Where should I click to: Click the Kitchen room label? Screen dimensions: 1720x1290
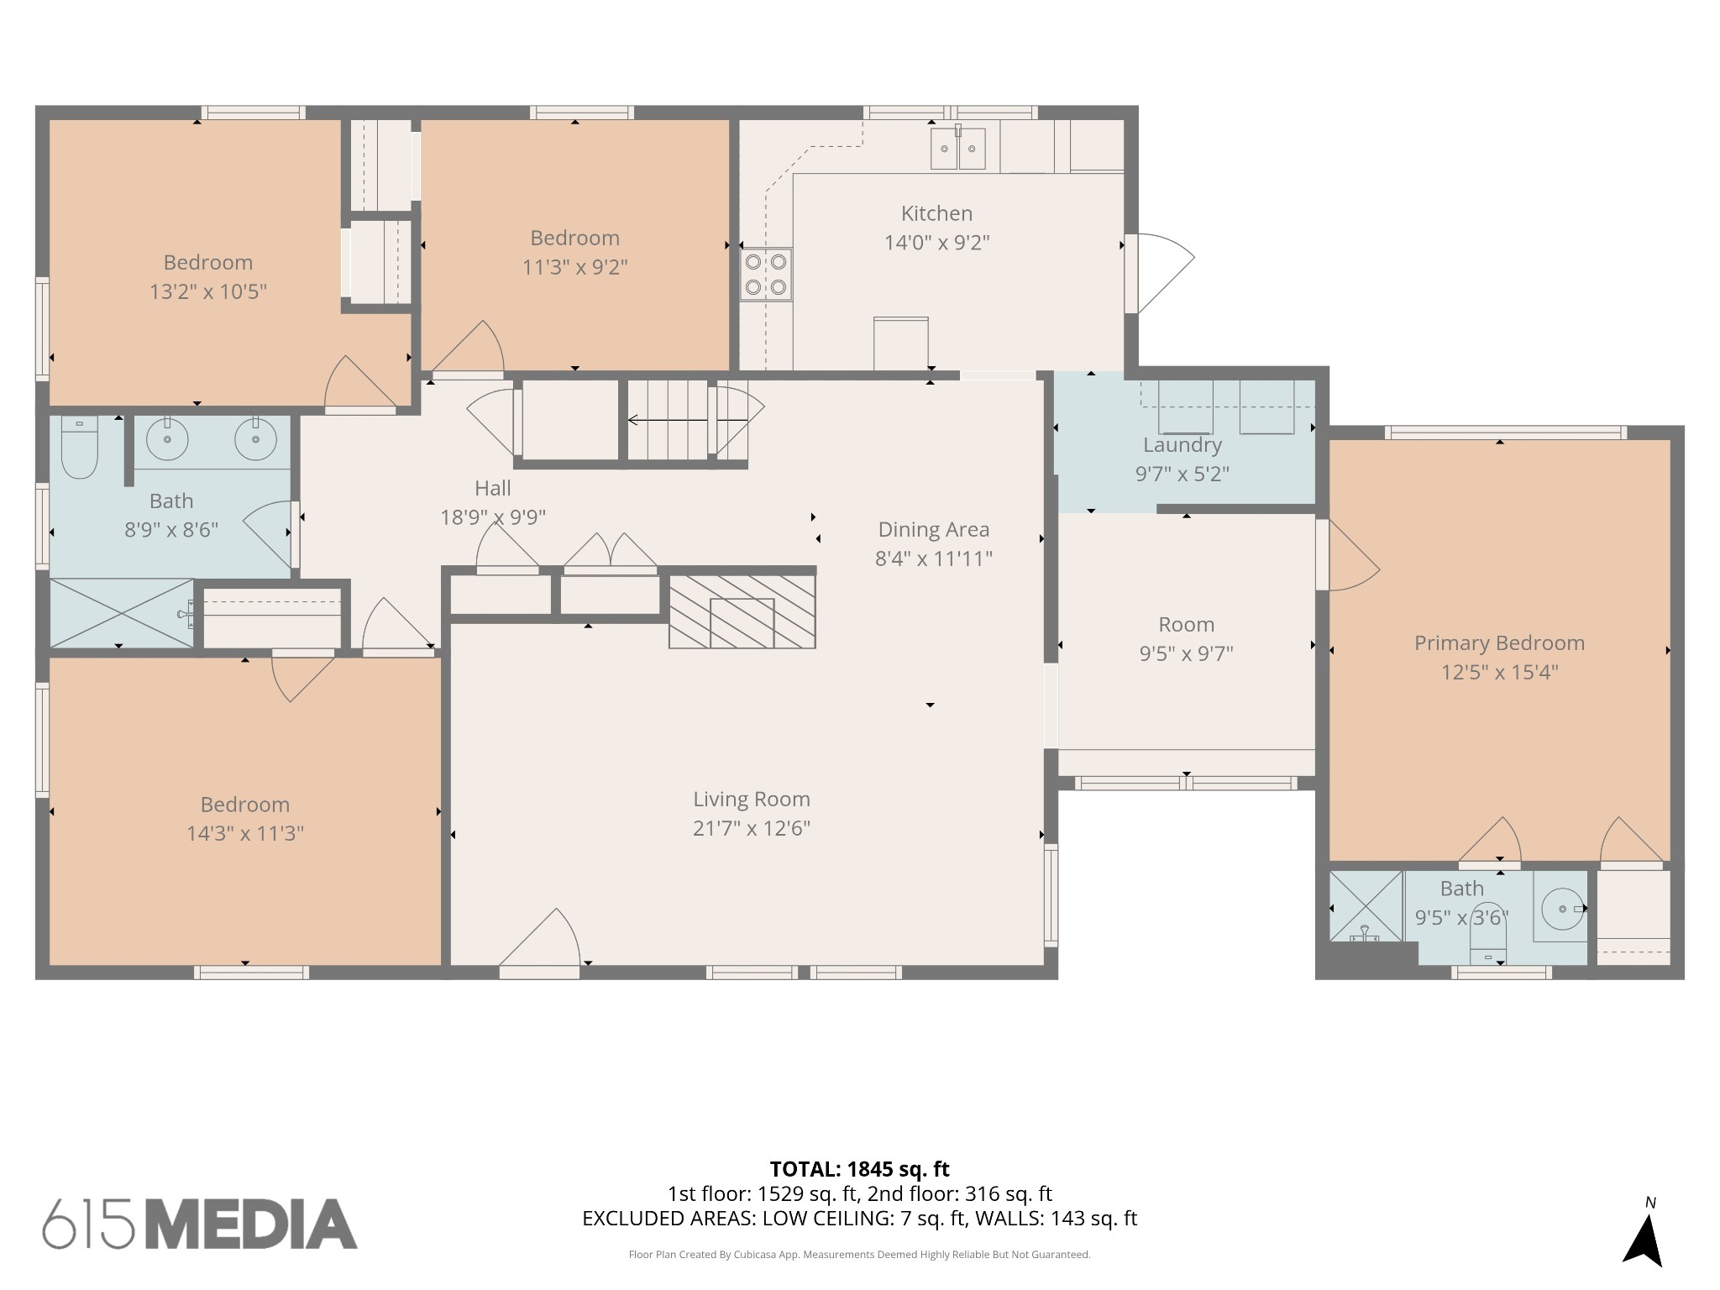pyautogui.click(x=936, y=213)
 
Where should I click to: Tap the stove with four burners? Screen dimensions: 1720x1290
pyautogui.click(x=766, y=275)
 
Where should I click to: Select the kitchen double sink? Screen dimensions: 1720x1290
pyautogui.click(x=957, y=148)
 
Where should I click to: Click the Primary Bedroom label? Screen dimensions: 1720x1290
pyautogui.click(x=1499, y=643)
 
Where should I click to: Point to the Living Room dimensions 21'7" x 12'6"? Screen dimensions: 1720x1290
pyautogui.click(x=752, y=828)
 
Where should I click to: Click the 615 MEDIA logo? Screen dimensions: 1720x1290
pyautogui.click(x=200, y=1224)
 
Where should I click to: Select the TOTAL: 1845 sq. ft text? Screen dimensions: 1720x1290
pyautogui.click(x=859, y=1169)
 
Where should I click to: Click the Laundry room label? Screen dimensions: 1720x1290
pyautogui.click(x=1182, y=445)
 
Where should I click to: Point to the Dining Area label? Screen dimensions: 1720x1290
pyautogui.click(x=934, y=530)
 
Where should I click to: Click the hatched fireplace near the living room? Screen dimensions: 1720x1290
pyautogui.click(x=742, y=611)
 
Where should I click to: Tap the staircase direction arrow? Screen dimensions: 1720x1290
pyautogui.click(x=687, y=420)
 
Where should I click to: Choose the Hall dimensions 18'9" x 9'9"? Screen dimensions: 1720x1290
pyautogui.click(x=493, y=517)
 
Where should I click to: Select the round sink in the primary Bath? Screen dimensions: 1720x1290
pyautogui.click(x=1560, y=908)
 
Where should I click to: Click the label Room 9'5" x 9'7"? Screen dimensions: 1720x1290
pyautogui.click(x=1186, y=639)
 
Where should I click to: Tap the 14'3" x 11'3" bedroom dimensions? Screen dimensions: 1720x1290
pyautogui.click(x=245, y=833)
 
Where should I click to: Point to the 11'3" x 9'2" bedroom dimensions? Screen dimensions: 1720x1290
pyautogui.click(x=575, y=266)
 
